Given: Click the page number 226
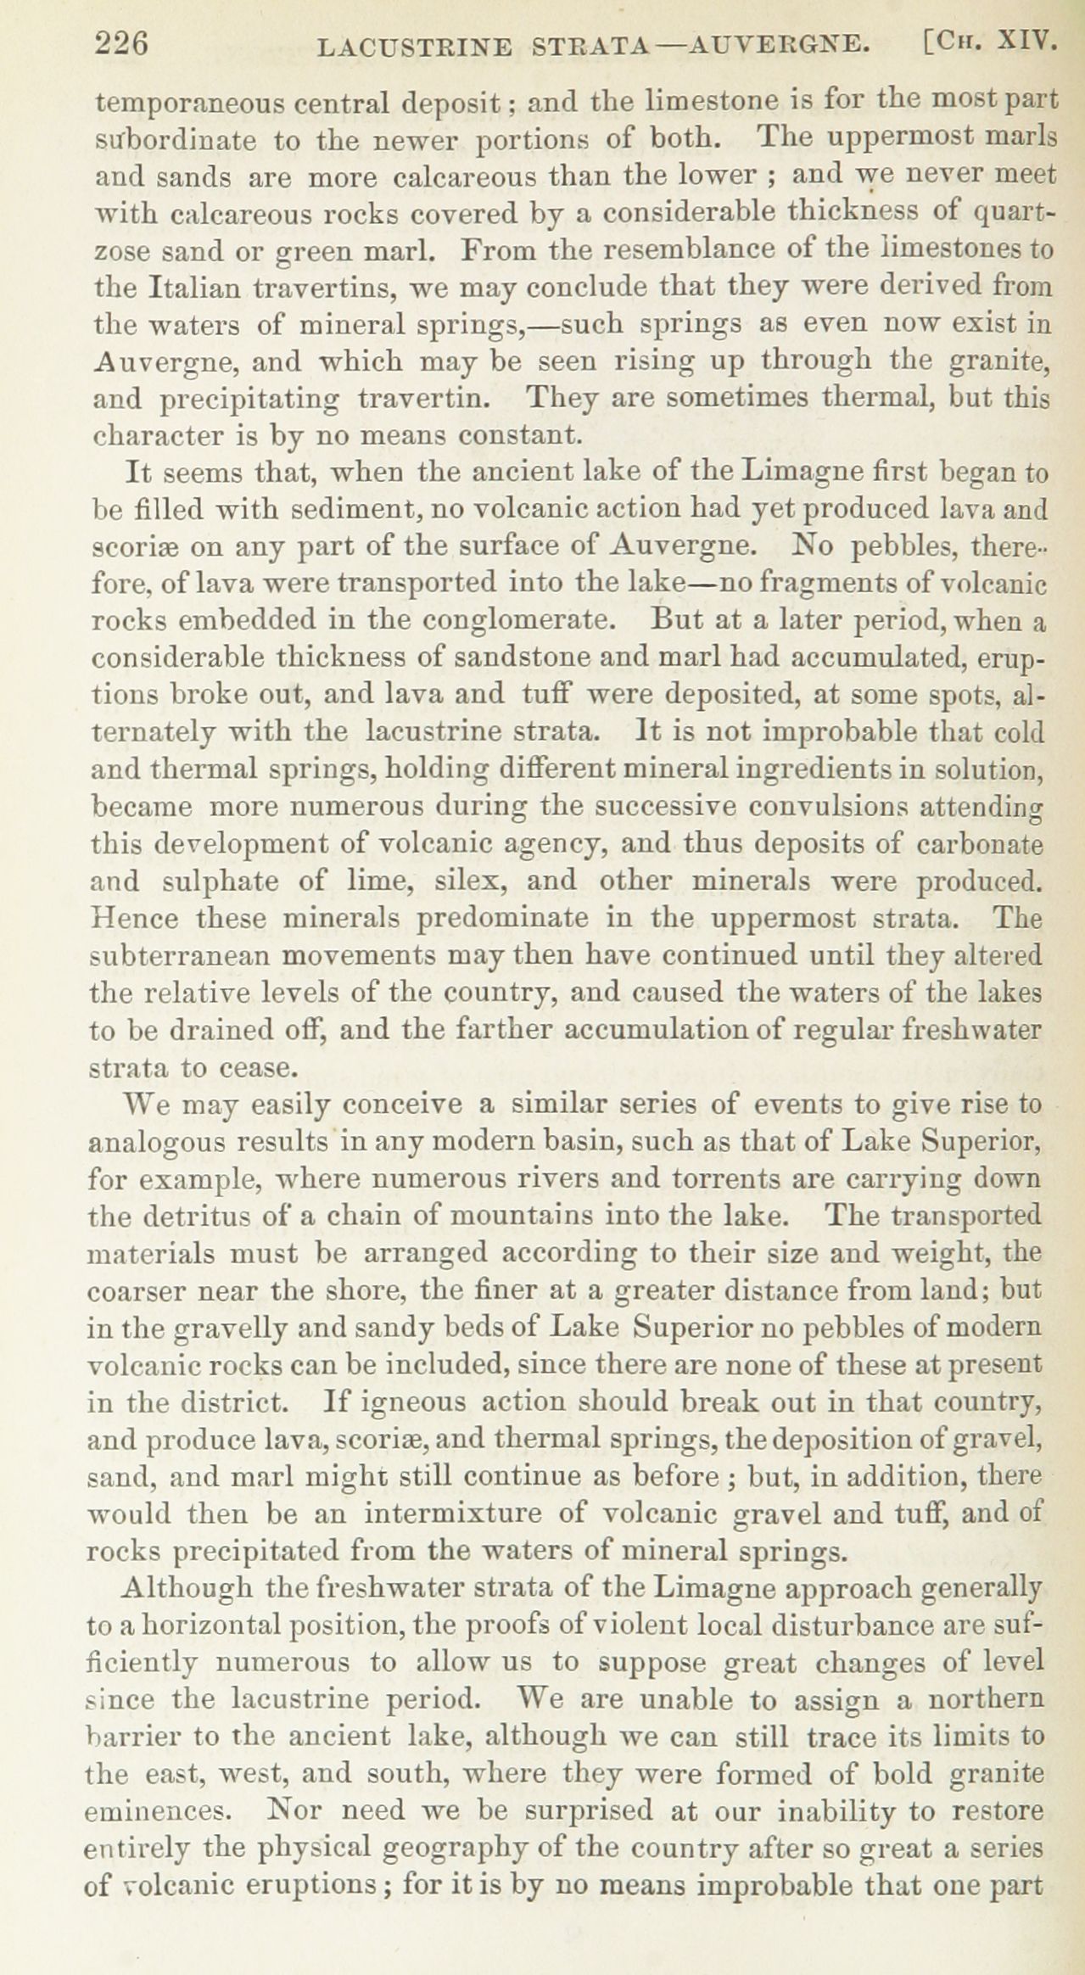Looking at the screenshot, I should coord(123,44).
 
